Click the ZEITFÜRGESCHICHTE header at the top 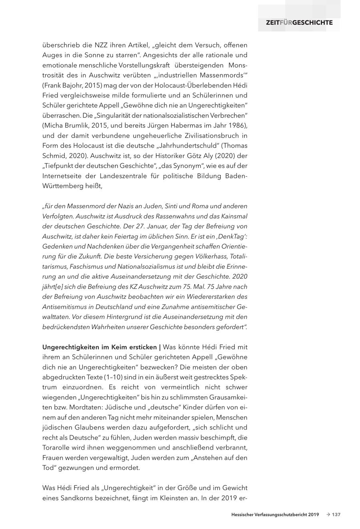(x=299, y=22)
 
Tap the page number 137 (x=336, y=515)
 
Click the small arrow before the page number (x=328, y=515)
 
